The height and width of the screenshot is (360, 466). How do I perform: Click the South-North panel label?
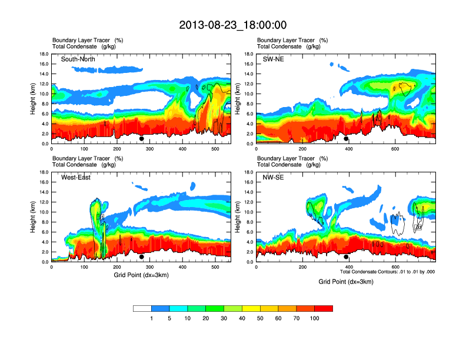tap(78, 59)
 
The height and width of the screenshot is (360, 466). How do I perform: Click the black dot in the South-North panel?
tap(142, 139)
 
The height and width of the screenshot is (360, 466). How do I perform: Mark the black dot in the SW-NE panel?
tap(346, 139)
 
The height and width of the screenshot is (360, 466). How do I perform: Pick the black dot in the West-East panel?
tap(142, 256)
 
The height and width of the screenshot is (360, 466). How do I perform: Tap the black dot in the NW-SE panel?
tap(346, 256)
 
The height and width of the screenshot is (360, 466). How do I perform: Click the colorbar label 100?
tap(315, 318)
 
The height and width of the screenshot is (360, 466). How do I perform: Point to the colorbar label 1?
tap(152, 318)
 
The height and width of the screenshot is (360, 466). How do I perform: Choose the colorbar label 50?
tap(261, 318)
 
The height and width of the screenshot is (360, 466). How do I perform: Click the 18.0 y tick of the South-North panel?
tap(44, 54)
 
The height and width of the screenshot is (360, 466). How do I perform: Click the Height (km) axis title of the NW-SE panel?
tap(238, 217)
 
